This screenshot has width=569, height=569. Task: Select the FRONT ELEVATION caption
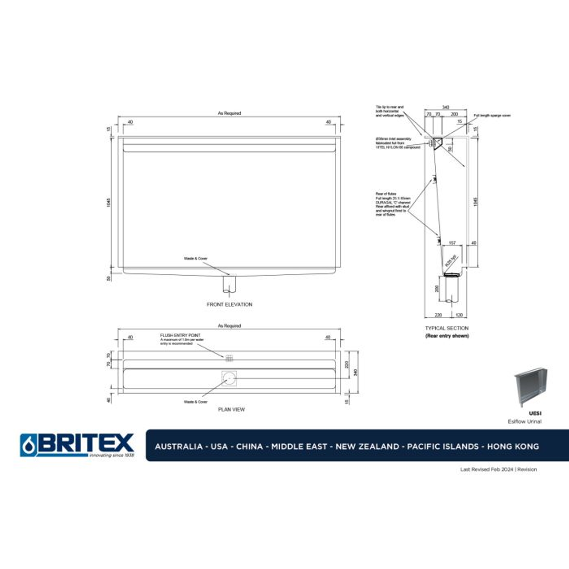pos(229,305)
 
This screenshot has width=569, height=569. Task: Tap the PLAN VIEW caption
pos(231,409)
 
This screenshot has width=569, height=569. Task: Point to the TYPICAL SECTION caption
pos(447,328)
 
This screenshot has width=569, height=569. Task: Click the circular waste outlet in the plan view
pos(229,377)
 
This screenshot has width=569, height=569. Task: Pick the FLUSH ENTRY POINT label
pos(180,335)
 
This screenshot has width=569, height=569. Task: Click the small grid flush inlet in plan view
pos(229,358)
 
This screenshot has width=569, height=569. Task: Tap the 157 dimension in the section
pos(452,243)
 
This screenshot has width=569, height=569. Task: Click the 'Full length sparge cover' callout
pos(492,115)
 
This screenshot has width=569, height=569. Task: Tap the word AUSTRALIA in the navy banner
pos(178,446)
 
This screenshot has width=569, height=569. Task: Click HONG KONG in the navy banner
pos(513,446)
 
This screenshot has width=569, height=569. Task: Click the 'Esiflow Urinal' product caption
pos(524,421)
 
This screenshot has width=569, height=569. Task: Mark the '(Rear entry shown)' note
pos(447,336)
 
